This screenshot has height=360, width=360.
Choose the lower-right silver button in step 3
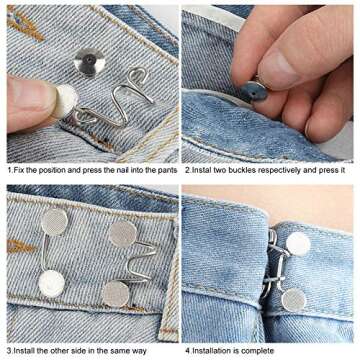(116, 293)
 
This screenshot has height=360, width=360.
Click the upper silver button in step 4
(297, 243)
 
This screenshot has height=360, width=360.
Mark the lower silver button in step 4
(294, 298)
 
